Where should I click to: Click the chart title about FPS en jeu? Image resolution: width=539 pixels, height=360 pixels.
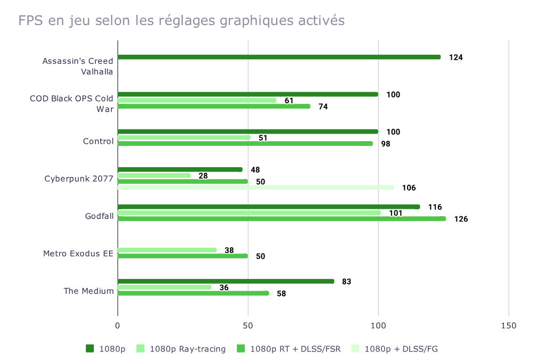pos(181,21)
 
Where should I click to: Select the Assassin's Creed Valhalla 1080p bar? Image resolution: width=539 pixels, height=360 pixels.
pos(279,57)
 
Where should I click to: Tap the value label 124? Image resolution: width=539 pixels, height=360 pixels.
pos(455,58)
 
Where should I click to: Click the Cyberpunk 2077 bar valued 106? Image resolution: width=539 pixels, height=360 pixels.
pos(255,187)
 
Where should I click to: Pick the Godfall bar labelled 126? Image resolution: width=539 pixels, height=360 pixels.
pos(281,218)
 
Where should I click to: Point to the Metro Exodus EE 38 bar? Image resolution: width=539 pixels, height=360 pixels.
pos(167,250)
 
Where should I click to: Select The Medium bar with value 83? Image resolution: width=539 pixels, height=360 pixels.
pos(226,281)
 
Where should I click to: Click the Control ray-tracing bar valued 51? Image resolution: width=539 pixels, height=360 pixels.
pos(184,137)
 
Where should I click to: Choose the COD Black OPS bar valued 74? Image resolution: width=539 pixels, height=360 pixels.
pos(213,106)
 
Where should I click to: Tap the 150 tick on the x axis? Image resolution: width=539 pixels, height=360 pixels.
pos(509,325)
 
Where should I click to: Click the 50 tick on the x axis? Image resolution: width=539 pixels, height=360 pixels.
pos(248,325)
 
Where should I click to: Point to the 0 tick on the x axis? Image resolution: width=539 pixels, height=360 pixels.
pos(118,325)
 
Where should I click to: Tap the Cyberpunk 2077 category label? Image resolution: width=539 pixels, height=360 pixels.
pos(79,178)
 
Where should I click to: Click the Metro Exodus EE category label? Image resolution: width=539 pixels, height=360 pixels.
pos(78,253)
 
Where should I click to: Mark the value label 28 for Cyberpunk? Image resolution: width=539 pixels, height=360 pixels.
pos(203,176)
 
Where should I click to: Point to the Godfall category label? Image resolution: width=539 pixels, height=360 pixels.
pos(99,216)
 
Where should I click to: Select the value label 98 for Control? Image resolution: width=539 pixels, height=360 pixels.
pos(386,144)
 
